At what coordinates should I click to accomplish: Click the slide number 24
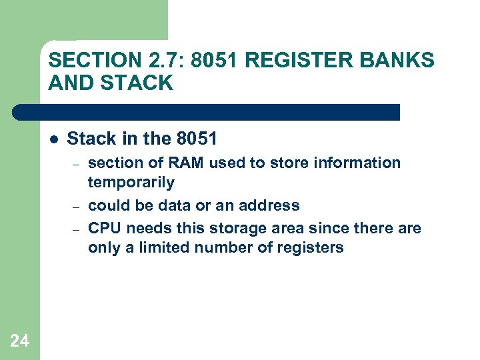click(x=20, y=341)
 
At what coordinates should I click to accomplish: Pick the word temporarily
click(x=131, y=182)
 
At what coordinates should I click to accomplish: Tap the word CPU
click(x=105, y=228)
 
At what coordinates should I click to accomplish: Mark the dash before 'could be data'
click(x=77, y=206)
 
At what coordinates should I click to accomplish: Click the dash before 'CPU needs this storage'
click(x=77, y=229)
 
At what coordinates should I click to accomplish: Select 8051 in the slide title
click(x=215, y=61)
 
